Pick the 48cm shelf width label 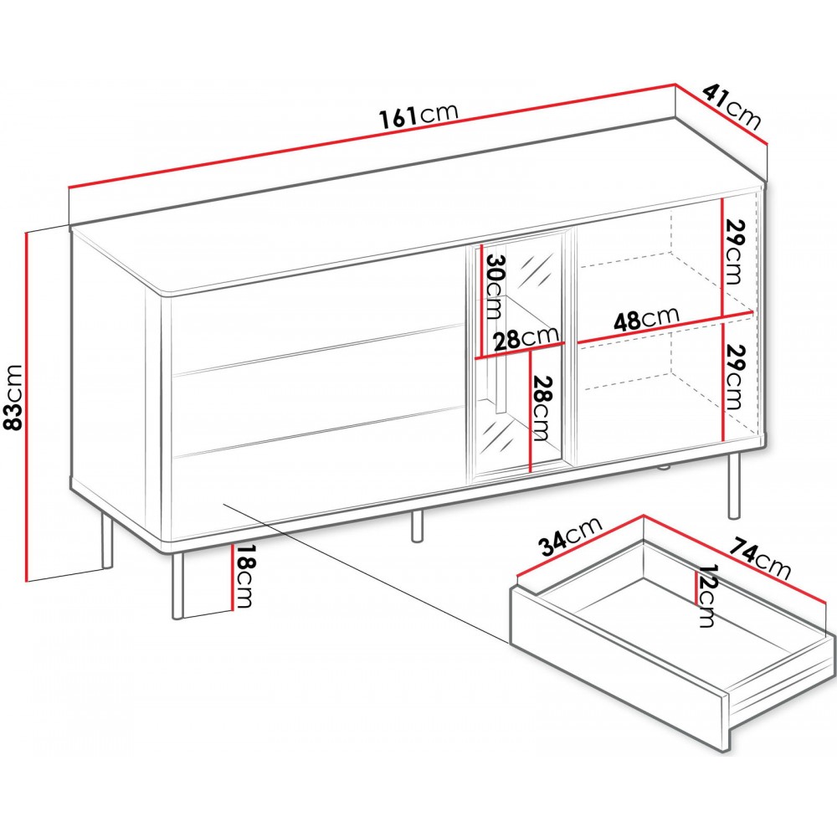(x=646, y=318)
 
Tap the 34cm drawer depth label (x=569, y=536)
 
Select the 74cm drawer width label (x=760, y=558)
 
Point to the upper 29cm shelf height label (x=732, y=251)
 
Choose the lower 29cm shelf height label (x=732, y=377)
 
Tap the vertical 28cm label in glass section (x=542, y=408)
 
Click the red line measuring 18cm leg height (x=233, y=578)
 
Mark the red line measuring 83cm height (x=26, y=406)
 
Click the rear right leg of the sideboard (x=735, y=485)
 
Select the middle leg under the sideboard (x=417, y=526)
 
